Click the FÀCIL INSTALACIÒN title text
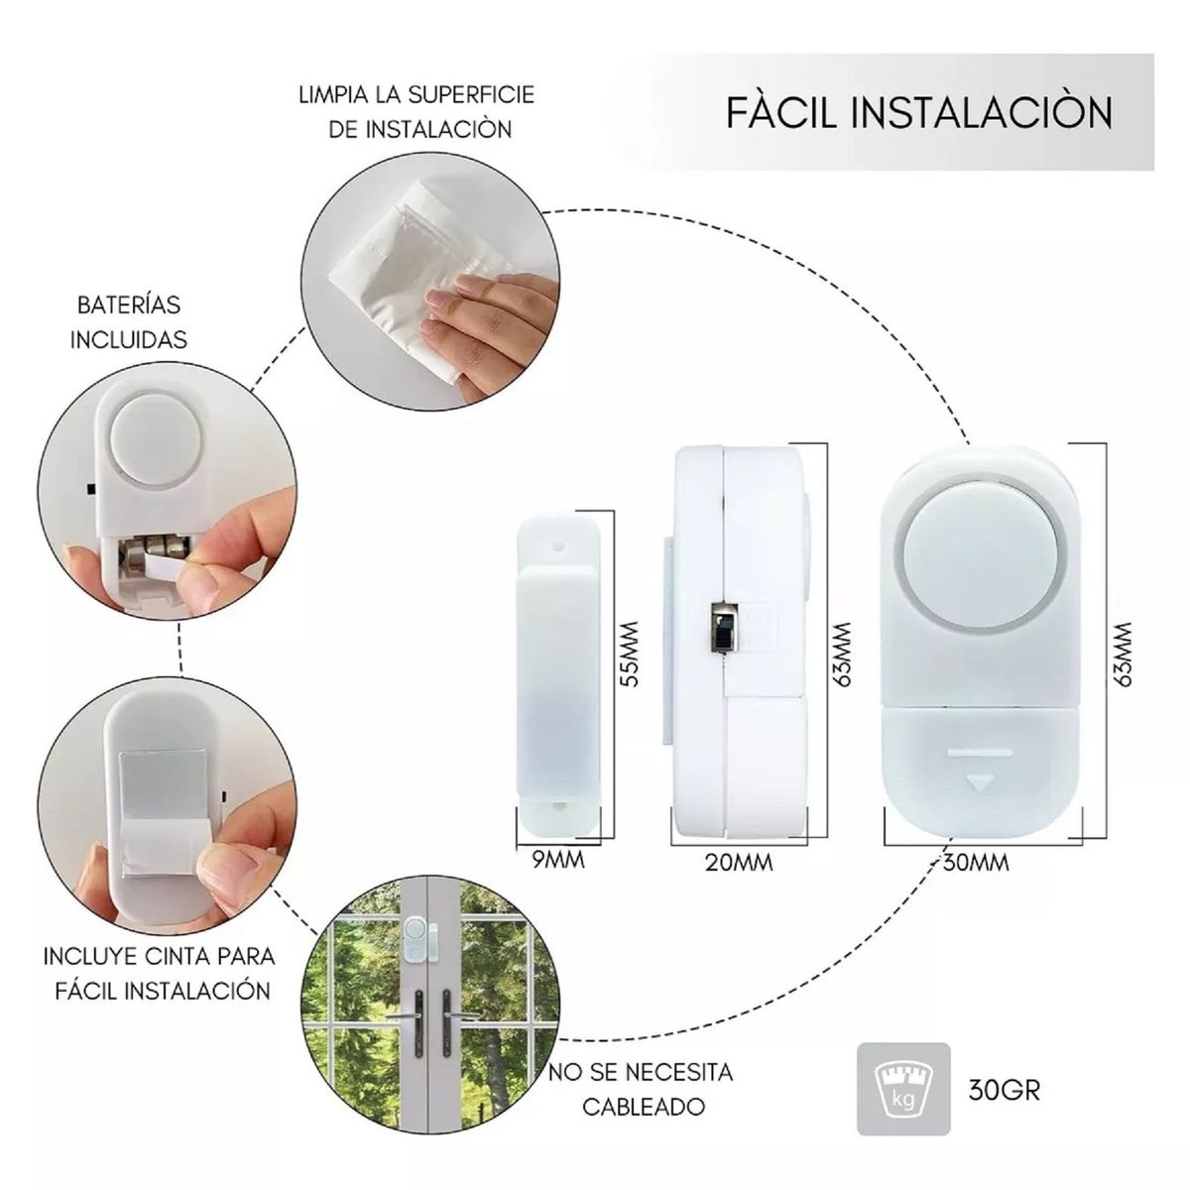(918, 112)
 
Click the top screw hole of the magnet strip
(558, 544)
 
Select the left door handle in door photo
(412, 1022)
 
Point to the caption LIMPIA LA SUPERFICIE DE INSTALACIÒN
(416, 111)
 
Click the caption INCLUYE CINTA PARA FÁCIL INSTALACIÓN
(159, 974)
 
